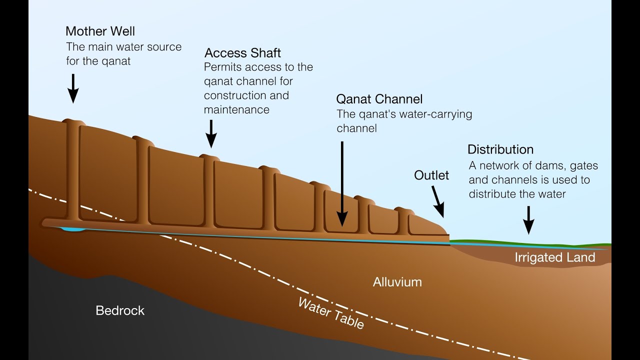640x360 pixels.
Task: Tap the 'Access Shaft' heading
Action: [243, 53]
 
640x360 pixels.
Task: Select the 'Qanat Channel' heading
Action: [379, 98]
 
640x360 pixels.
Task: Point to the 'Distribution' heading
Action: [500, 149]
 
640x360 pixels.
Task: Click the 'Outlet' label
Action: [431, 175]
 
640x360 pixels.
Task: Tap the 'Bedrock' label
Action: [120, 310]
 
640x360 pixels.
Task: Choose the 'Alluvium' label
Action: [397, 282]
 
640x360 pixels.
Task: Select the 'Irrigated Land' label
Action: [555, 257]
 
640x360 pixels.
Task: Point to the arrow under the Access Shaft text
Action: [211, 133]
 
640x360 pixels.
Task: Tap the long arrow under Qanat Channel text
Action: [342, 182]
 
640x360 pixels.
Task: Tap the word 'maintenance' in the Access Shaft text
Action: [236, 109]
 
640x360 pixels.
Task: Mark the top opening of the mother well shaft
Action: [73, 121]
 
